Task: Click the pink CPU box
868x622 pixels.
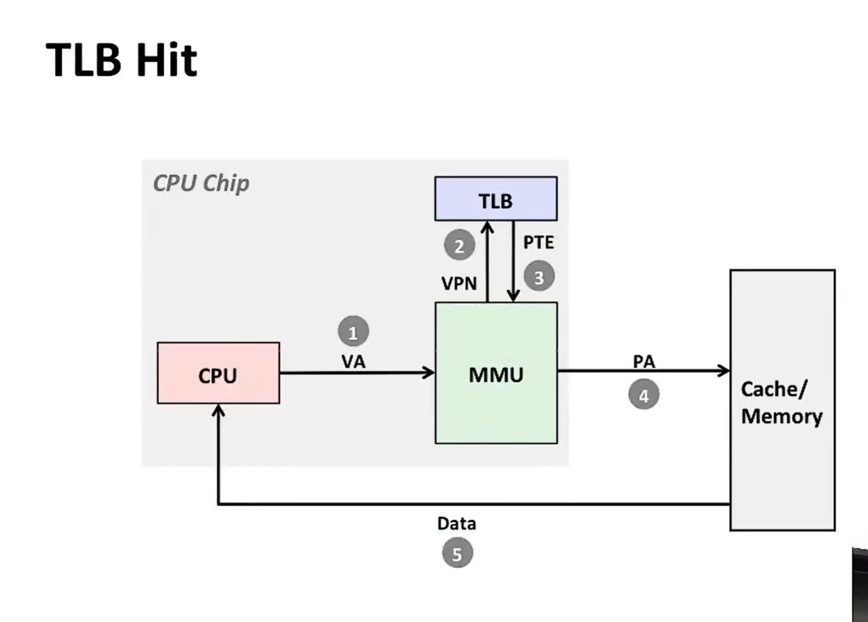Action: (x=218, y=373)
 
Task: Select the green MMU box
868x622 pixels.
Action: (x=496, y=373)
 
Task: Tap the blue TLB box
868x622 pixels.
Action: (x=495, y=199)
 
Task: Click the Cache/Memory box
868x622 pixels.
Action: (x=782, y=400)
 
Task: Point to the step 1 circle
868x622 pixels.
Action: (x=353, y=331)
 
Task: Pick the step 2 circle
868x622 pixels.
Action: (x=459, y=246)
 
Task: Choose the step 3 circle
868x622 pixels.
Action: (x=539, y=277)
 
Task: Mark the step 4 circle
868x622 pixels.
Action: (x=643, y=395)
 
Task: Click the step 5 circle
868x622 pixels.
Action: (x=457, y=554)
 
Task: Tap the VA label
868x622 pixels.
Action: (x=353, y=362)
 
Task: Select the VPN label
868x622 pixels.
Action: (x=459, y=283)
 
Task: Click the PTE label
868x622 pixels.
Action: (x=538, y=242)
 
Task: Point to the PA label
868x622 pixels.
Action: (x=644, y=361)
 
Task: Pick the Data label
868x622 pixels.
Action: (x=457, y=523)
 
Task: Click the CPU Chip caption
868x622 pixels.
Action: (x=201, y=183)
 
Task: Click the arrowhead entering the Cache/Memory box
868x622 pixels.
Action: (x=724, y=371)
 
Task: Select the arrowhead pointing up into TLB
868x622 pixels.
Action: (x=488, y=227)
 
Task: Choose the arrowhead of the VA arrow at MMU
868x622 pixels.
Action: (x=429, y=373)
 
